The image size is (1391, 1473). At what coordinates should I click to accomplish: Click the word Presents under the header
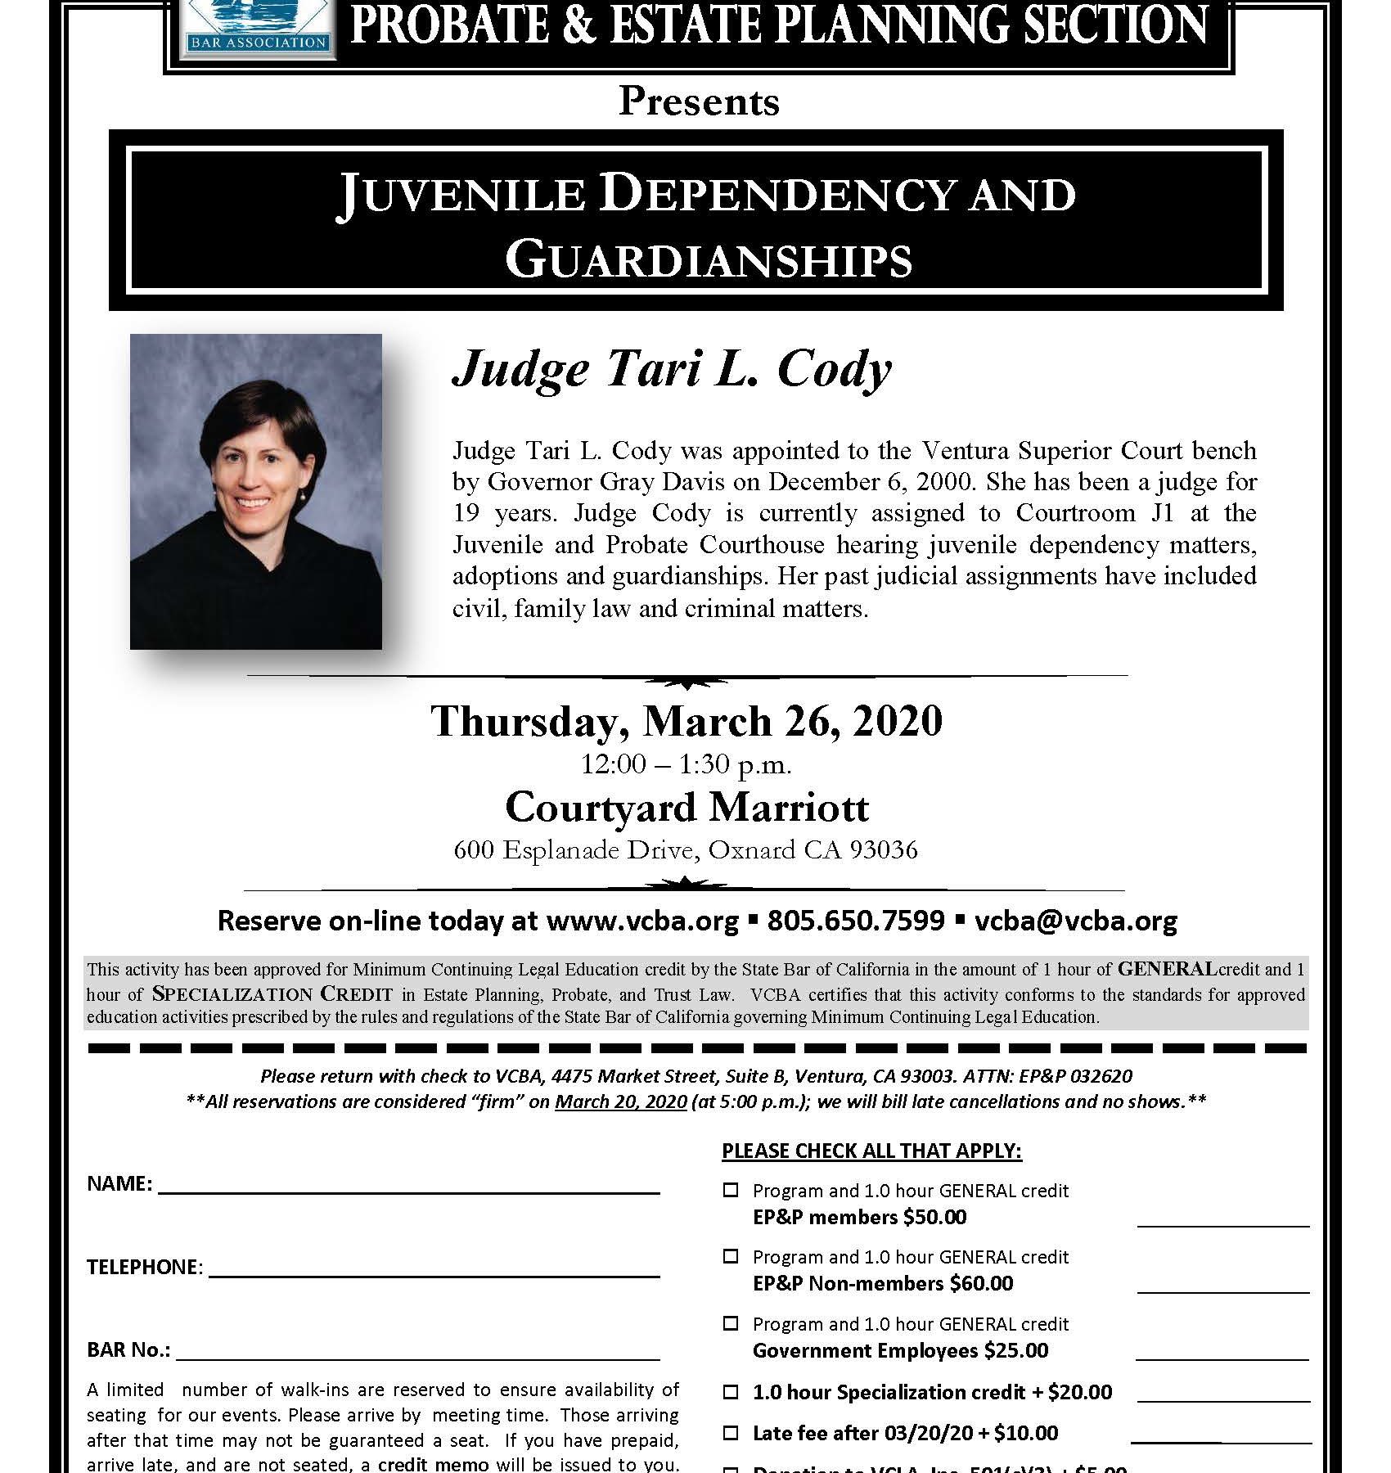pos(699,102)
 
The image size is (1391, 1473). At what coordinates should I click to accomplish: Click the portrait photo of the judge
pos(256,491)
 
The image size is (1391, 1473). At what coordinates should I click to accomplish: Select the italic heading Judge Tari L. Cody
pos(672,369)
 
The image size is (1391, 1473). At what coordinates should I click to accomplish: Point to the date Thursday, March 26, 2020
pos(686,721)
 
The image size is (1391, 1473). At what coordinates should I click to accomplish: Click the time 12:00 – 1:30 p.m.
pos(686,765)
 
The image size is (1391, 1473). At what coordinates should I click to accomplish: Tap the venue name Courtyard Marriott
pos(686,808)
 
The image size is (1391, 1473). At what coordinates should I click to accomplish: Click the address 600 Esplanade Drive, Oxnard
pos(686,850)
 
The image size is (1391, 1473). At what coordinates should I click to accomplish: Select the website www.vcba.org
pos(642,921)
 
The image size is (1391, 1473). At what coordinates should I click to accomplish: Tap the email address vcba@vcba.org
pos(1076,921)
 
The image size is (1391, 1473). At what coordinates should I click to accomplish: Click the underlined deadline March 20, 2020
pos(621,1101)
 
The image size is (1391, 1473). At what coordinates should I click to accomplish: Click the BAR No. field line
pos(417,1352)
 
